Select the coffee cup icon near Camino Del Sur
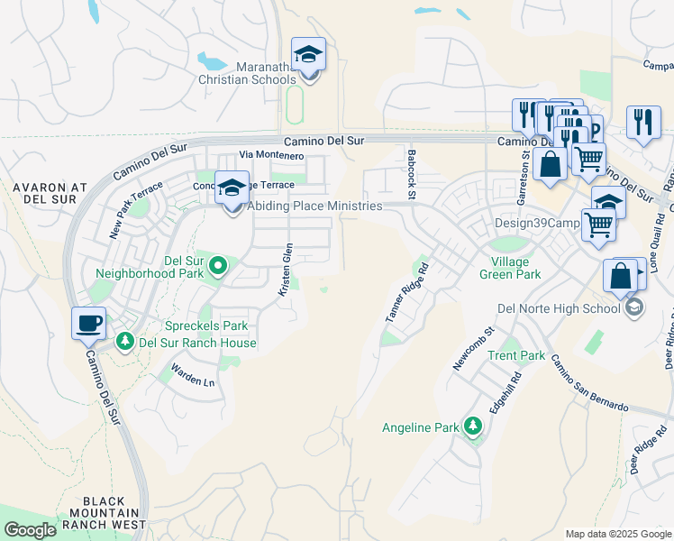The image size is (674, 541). [88, 323]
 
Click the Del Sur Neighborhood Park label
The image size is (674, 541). [147, 265]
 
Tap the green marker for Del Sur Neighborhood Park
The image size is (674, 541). [217, 265]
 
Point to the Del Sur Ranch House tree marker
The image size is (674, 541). [124, 343]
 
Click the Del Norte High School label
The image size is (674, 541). [559, 308]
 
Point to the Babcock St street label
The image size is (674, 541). [411, 175]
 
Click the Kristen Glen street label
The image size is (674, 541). [286, 270]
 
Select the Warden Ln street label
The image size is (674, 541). [195, 374]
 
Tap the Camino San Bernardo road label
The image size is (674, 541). [588, 382]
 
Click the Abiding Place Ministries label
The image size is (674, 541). [315, 206]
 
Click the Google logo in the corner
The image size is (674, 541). [30, 530]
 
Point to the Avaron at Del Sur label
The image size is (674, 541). [50, 194]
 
